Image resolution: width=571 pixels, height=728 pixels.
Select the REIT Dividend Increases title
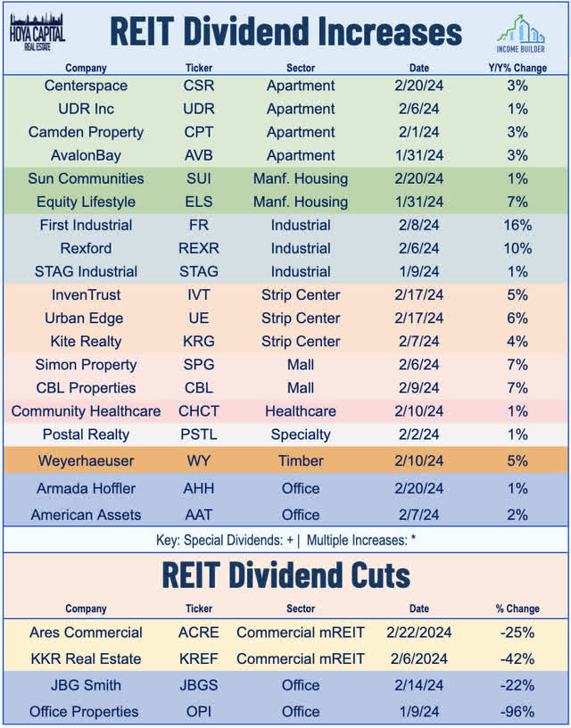point(285,31)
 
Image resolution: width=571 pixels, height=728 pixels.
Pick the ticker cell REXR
point(198,248)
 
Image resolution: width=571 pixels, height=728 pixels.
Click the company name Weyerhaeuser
point(86,460)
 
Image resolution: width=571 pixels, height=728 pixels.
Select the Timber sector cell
point(301,460)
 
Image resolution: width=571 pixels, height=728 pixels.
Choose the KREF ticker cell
point(198,658)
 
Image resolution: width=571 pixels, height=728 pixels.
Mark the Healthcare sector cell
point(301,411)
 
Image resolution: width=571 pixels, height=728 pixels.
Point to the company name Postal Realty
point(86,434)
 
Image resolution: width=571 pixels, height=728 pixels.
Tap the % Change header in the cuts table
point(517,608)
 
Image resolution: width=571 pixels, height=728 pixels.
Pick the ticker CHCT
point(198,411)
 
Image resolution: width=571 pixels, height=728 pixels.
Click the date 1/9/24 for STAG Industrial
point(419,271)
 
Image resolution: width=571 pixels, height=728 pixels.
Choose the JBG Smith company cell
point(86,685)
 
